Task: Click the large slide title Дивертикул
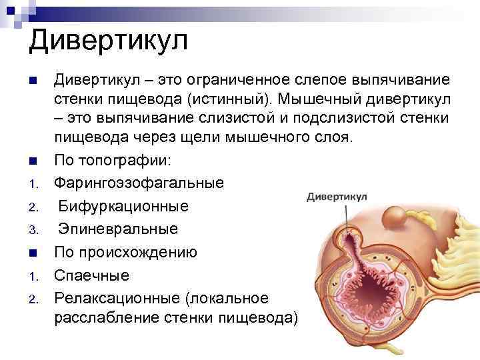click(108, 41)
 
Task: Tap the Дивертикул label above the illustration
click(336, 197)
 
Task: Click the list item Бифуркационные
click(123, 206)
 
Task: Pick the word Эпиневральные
click(118, 229)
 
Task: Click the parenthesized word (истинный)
click(230, 99)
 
